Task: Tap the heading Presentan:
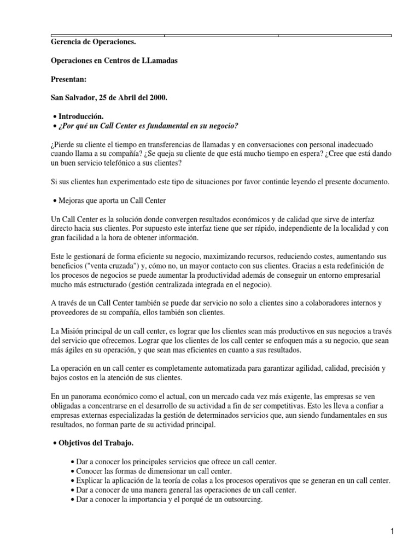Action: pos(68,79)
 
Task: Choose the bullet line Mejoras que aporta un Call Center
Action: pos(112,201)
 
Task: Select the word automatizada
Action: pos(200,369)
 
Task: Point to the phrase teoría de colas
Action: pos(170,480)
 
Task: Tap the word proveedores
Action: pos(70,313)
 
